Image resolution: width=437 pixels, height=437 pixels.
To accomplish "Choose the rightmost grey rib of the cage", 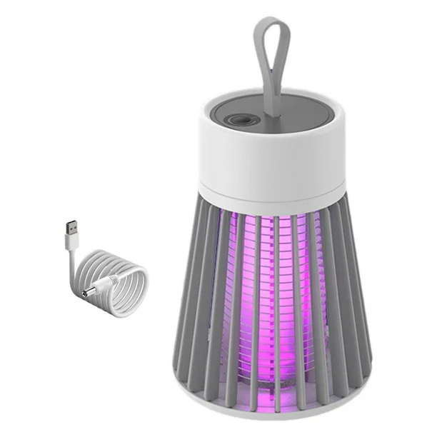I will [364, 300].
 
